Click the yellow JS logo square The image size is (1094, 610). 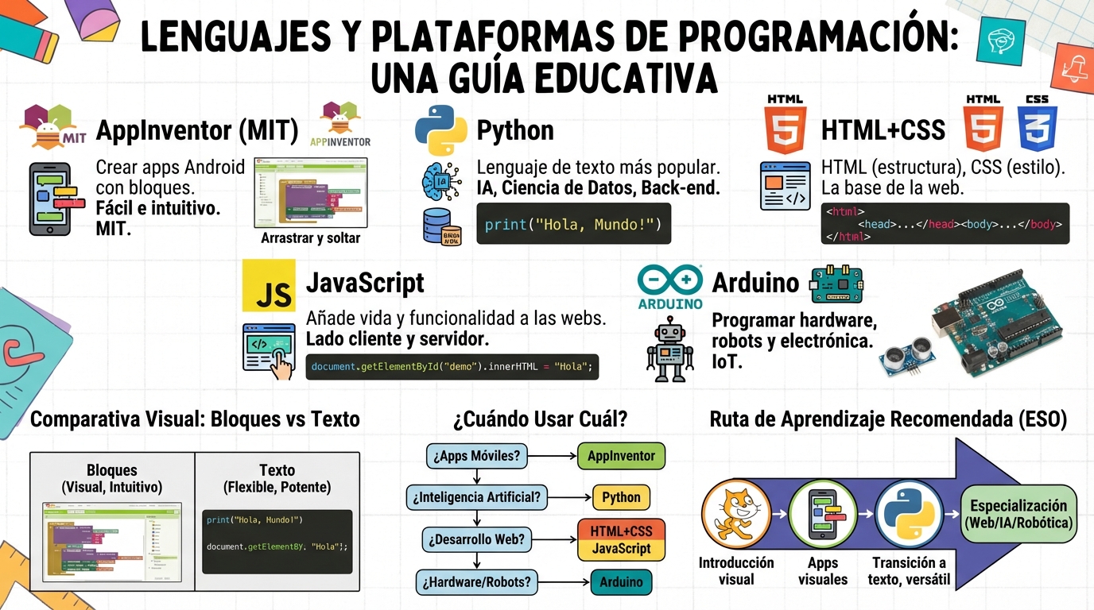269,285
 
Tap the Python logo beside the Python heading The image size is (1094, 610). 440,129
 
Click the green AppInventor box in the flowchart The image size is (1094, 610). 621,456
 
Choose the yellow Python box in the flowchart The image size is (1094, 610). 621,497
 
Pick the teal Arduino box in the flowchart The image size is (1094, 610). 621,582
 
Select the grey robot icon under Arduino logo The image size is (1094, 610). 669,349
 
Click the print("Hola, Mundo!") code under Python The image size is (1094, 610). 573,224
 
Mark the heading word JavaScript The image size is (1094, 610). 365,283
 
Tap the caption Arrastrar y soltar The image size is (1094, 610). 310,237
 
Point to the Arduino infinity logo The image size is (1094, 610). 670,281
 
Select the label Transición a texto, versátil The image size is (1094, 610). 908,570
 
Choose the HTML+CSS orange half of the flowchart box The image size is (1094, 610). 621,530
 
